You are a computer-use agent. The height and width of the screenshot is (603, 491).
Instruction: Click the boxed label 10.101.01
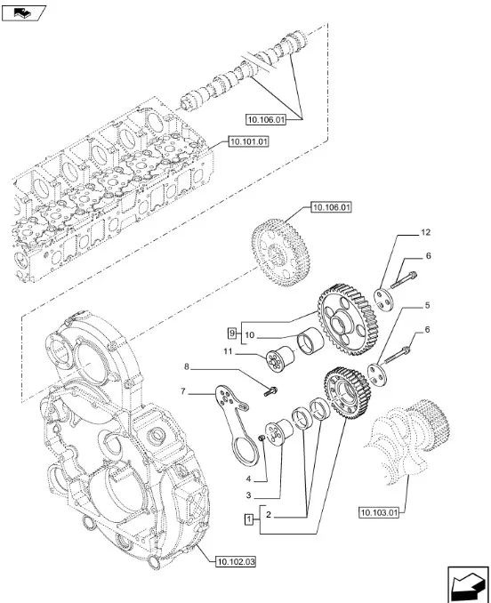pos(250,141)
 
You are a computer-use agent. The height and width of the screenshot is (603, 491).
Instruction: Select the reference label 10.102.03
pos(235,560)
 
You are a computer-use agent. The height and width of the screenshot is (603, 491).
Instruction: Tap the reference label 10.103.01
pos(382,512)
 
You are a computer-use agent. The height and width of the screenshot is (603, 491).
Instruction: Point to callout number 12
pos(425,232)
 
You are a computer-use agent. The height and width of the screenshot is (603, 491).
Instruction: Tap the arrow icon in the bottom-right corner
pos(464,586)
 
